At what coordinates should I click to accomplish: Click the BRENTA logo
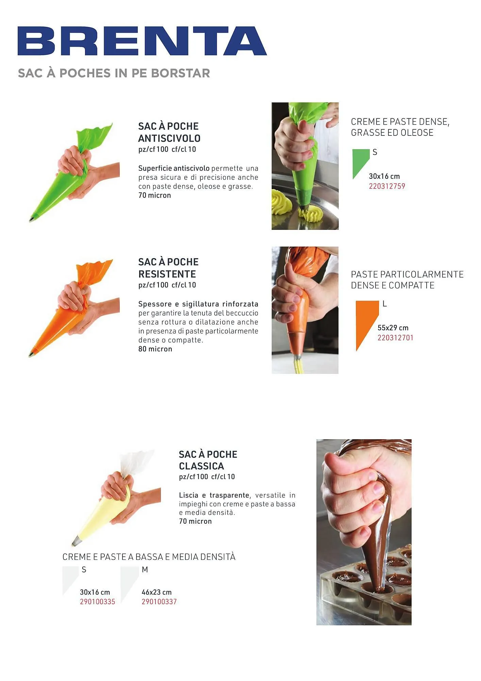(x=142, y=41)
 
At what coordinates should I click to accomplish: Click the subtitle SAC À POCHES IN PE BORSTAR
(x=114, y=73)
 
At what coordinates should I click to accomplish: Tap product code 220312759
(x=387, y=186)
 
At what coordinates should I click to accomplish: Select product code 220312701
(x=395, y=338)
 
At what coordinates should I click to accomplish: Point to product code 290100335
(x=98, y=602)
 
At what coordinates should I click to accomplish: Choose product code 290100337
(x=159, y=602)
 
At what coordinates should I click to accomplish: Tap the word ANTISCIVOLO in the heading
(x=169, y=138)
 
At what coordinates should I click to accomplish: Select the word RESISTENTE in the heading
(x=167, y=274)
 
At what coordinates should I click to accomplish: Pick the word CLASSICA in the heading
(x=201, y=466)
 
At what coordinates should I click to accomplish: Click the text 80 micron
(x=155, y=349)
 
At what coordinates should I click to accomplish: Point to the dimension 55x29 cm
(x=393, y=328)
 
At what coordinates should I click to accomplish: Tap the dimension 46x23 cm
(x=156, y=592)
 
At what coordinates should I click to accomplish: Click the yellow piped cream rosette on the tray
(x=282, y=202)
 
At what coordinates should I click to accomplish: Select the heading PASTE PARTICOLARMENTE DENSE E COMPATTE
(x=407, y=280)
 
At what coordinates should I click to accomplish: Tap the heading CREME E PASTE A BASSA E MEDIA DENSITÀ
(x=149, y=557)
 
